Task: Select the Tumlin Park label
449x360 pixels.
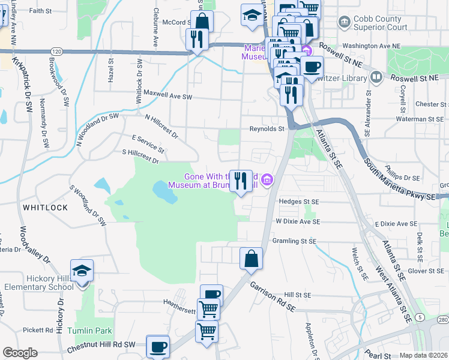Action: point(89,331)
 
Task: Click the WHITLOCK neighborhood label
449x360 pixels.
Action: point(45,207)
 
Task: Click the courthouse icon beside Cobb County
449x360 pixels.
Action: point(345,23)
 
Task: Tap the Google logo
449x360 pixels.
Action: point(20,353)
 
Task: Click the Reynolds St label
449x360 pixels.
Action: point(267,128)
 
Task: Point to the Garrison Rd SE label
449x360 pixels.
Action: point(273,296)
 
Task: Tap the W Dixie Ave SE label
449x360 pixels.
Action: point(298,221)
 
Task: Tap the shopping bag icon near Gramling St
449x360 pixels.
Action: point(252,259)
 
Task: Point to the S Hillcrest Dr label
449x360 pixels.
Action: point(140,157)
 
